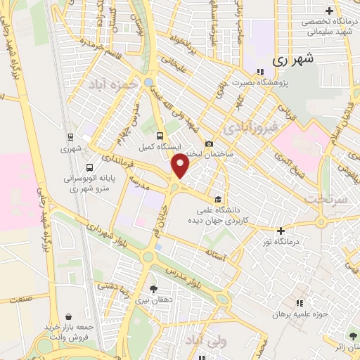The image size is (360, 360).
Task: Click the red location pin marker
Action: pyautogui.click(x=181, y=166)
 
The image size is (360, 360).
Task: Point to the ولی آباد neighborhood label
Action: pyautogui.click(x=200, y=341)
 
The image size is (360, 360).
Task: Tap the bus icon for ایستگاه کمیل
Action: pyautogui.click(x=160, y=136)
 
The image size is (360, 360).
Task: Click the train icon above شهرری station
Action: pyautogui.click(x=70, y=137)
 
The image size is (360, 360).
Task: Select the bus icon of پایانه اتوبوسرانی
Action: pyautogui.click(x=89, y=168)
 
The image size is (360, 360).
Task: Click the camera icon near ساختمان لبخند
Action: pyautogui.click(x=208, y=144)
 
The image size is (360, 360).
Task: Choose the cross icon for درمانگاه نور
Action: pyautogui.click(x=281, y=231)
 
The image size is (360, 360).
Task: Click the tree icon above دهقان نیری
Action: pyautogui.click(x=154, y=288)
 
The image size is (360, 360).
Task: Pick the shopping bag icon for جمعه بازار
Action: pyautogui.click(x=67, y=317)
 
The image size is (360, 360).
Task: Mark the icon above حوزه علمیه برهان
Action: pyautogui.click(x=299, y=303)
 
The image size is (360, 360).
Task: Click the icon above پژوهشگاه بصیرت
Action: pyautogui.click(x=259, y=71)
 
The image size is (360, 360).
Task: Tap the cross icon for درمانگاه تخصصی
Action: pyautogui.click(x=328, y=11)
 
